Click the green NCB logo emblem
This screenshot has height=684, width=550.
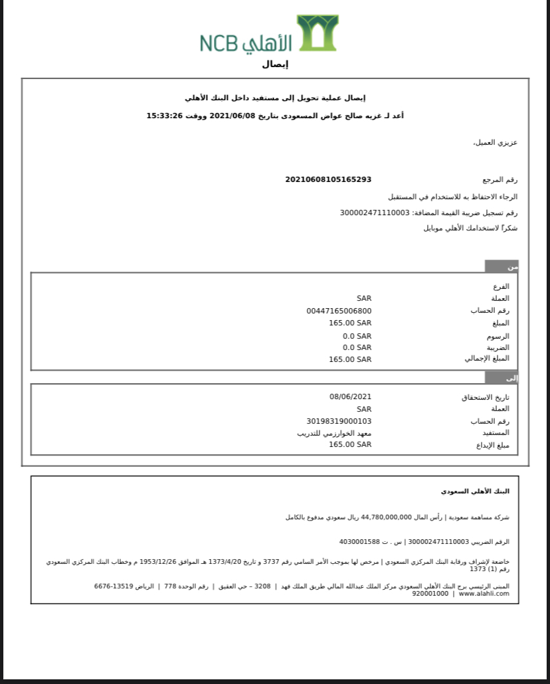317,33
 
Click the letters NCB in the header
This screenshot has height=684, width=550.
218,43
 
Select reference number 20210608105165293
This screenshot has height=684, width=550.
328,179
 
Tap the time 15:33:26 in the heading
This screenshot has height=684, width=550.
164,116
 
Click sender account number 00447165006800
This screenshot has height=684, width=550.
339,311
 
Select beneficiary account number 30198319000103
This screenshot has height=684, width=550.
339,421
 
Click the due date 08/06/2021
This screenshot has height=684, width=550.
350,396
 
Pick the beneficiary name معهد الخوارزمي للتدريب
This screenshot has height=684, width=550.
334,433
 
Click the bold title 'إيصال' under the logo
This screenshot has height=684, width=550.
275,64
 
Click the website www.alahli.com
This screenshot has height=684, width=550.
484,594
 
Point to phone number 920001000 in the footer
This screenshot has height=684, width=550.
430,594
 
